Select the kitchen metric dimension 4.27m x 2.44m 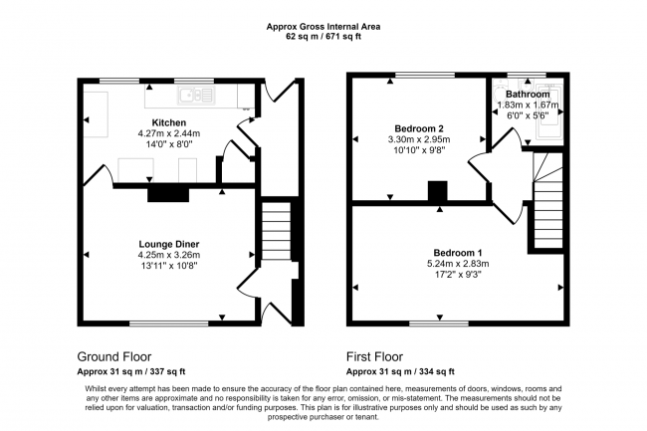[169, 133]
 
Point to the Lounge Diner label [168, 244]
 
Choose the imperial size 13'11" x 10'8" [168, 266]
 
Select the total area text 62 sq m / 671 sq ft [323, 37]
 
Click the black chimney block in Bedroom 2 [437, 191]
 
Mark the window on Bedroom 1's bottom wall [439, 323]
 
